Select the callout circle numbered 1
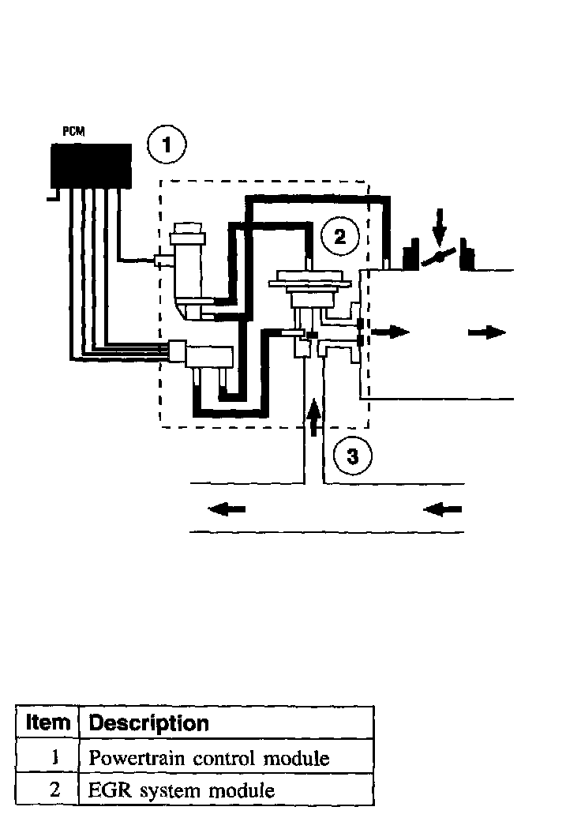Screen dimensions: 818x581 (166, 146)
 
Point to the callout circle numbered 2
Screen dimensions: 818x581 (339, 236)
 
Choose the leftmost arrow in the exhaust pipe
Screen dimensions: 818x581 (227, 509)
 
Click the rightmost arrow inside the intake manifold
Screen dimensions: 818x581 (486, 332)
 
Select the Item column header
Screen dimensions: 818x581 (48, 722)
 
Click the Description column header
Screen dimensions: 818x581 (148, 722)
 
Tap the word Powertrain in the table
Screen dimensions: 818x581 (130, 759)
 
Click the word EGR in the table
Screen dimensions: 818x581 (106, 790)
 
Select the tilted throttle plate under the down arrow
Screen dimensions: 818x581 (440, 257)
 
